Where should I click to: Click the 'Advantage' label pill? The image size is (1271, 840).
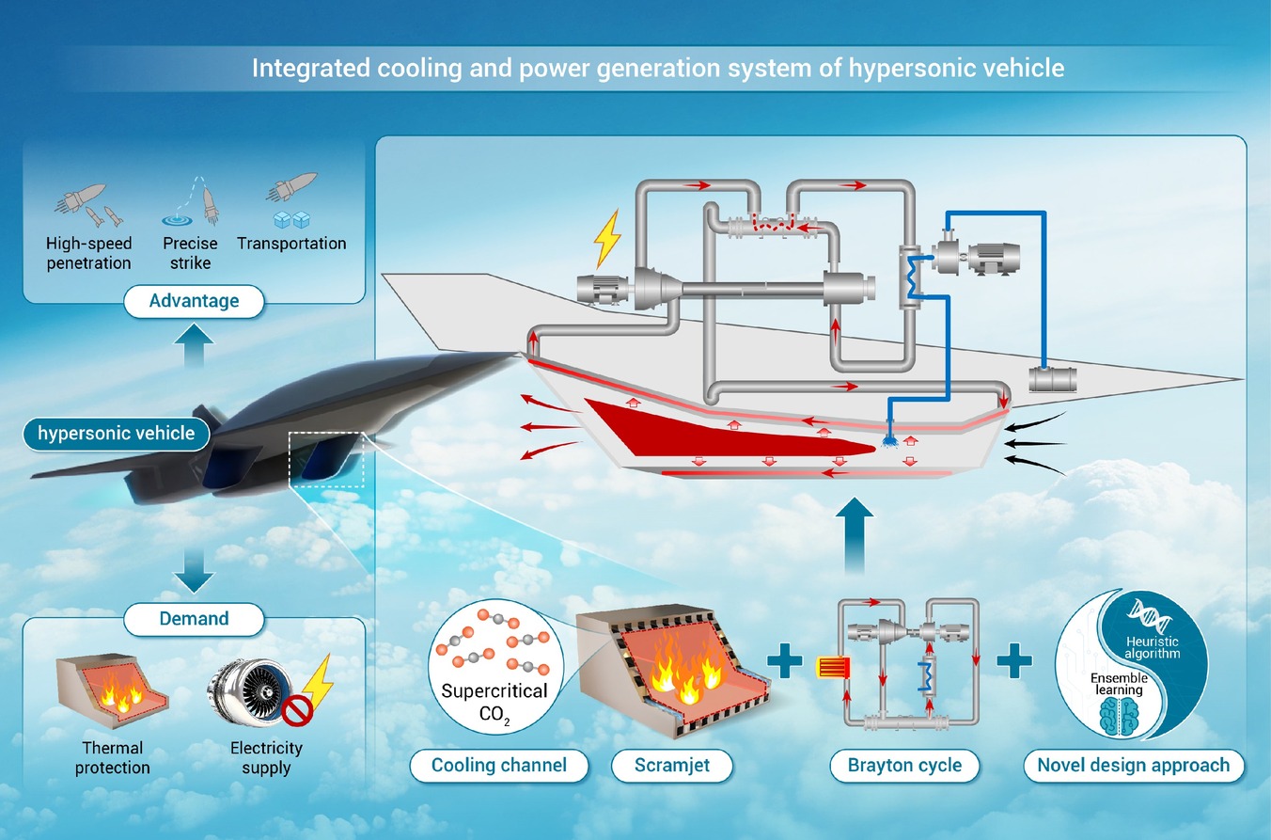(x=194, y=301)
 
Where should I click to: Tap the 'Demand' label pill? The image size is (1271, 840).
(x=194, y=618)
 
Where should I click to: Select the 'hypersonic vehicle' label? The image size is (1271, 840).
(x=117, y=434)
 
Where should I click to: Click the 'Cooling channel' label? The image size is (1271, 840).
(x=499, y=765)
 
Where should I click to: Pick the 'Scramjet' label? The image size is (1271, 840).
(x=672, y=765)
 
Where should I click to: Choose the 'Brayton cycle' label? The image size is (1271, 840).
(x=904, y=765)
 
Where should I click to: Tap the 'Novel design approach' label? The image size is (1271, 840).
(x=1133, y=765)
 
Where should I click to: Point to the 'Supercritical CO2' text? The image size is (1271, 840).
(x=494, y=702)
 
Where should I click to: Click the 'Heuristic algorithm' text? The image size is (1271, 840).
(x=1153, y=647)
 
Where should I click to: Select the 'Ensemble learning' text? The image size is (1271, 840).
(x=1119, y=684)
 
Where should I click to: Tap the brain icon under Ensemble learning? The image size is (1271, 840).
(x=1119, y=716)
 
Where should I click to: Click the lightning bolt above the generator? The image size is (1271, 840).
(x=607, y=238)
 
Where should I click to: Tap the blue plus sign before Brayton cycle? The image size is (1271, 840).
(x=785, y=660)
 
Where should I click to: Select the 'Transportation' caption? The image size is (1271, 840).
(x=291, y=244)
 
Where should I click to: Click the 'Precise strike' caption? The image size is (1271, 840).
(x=190, y=253)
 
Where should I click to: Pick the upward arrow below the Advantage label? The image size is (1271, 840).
(x=194, y=345)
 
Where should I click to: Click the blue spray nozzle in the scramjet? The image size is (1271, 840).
(x=889, y=440)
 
